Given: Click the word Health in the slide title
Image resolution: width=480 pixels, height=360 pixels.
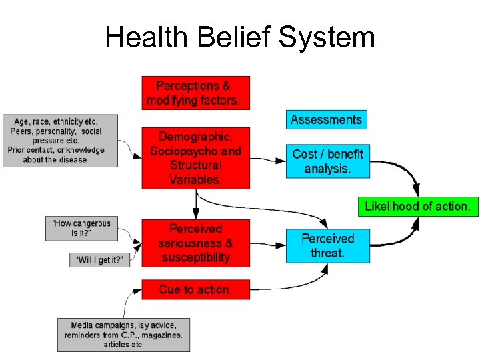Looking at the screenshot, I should click(146, 37).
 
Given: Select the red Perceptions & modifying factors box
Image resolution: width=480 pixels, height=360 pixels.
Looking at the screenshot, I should click(196, 93).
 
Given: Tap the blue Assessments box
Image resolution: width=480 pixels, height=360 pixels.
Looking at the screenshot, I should click(326, 120).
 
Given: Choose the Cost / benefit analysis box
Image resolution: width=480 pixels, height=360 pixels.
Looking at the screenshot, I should click(327, 161).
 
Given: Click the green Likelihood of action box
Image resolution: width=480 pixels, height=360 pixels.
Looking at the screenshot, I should click(417, 206).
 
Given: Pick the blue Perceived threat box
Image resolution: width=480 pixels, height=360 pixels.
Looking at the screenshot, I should click(327, 245).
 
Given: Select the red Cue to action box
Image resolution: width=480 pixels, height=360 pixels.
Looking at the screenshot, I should click(196, 290).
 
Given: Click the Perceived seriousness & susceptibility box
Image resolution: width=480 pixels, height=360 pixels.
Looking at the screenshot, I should click(196, 243).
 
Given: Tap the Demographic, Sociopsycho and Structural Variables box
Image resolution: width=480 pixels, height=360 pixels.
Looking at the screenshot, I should click(196, 157).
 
